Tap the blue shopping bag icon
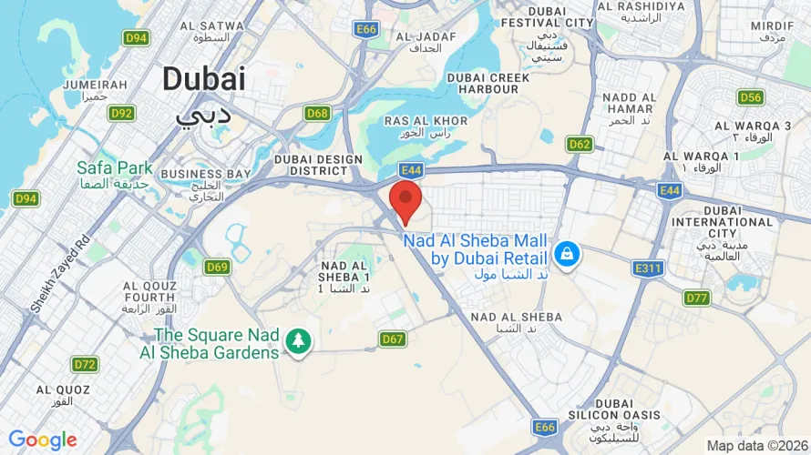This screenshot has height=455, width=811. point(567,254)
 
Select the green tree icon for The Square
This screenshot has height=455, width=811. point(297,341)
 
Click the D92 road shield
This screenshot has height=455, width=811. point(121,113)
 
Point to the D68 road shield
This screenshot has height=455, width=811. point(317,113)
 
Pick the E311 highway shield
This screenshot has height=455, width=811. point(648,268)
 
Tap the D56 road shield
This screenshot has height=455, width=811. point(750,97)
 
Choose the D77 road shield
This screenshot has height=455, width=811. point(697,298)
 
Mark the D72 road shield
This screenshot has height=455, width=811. point(85,364)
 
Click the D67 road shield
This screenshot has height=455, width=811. point(393,339)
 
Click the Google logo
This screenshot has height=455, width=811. point(43,440)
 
